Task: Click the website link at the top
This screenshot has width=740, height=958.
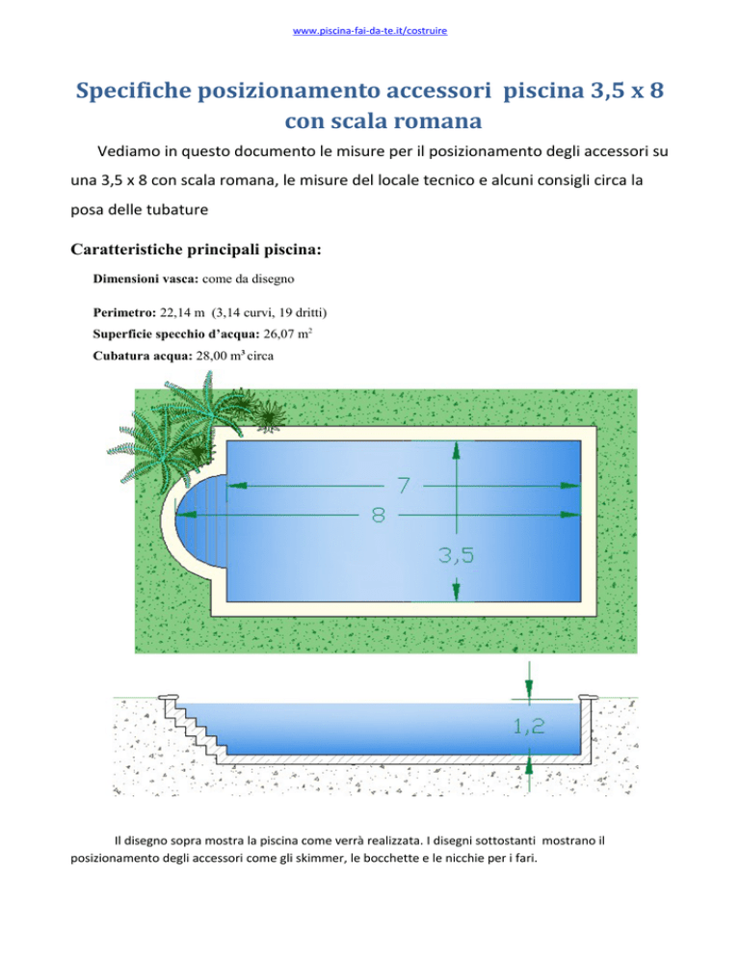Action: coord(370,31)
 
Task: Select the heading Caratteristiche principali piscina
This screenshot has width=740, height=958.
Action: coord(197,250)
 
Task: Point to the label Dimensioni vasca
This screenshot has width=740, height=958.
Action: coord(145,279)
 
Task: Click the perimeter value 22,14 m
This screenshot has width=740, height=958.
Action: coord(182,313)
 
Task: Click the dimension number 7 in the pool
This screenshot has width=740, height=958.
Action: coord(404,485)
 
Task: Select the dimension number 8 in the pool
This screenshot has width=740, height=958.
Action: coord(379,516)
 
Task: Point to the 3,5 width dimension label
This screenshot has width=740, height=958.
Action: coord(456,555)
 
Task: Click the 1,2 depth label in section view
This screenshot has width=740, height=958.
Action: coord(529,726)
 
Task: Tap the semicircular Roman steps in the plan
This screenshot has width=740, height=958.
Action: coord(201,517)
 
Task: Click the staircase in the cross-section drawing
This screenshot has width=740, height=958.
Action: coord(195,731)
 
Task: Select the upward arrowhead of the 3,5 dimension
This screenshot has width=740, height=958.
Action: coord(456,450)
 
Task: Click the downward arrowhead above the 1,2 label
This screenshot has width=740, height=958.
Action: coord(529,690)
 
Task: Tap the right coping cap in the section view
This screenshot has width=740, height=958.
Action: coord(587,698)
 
